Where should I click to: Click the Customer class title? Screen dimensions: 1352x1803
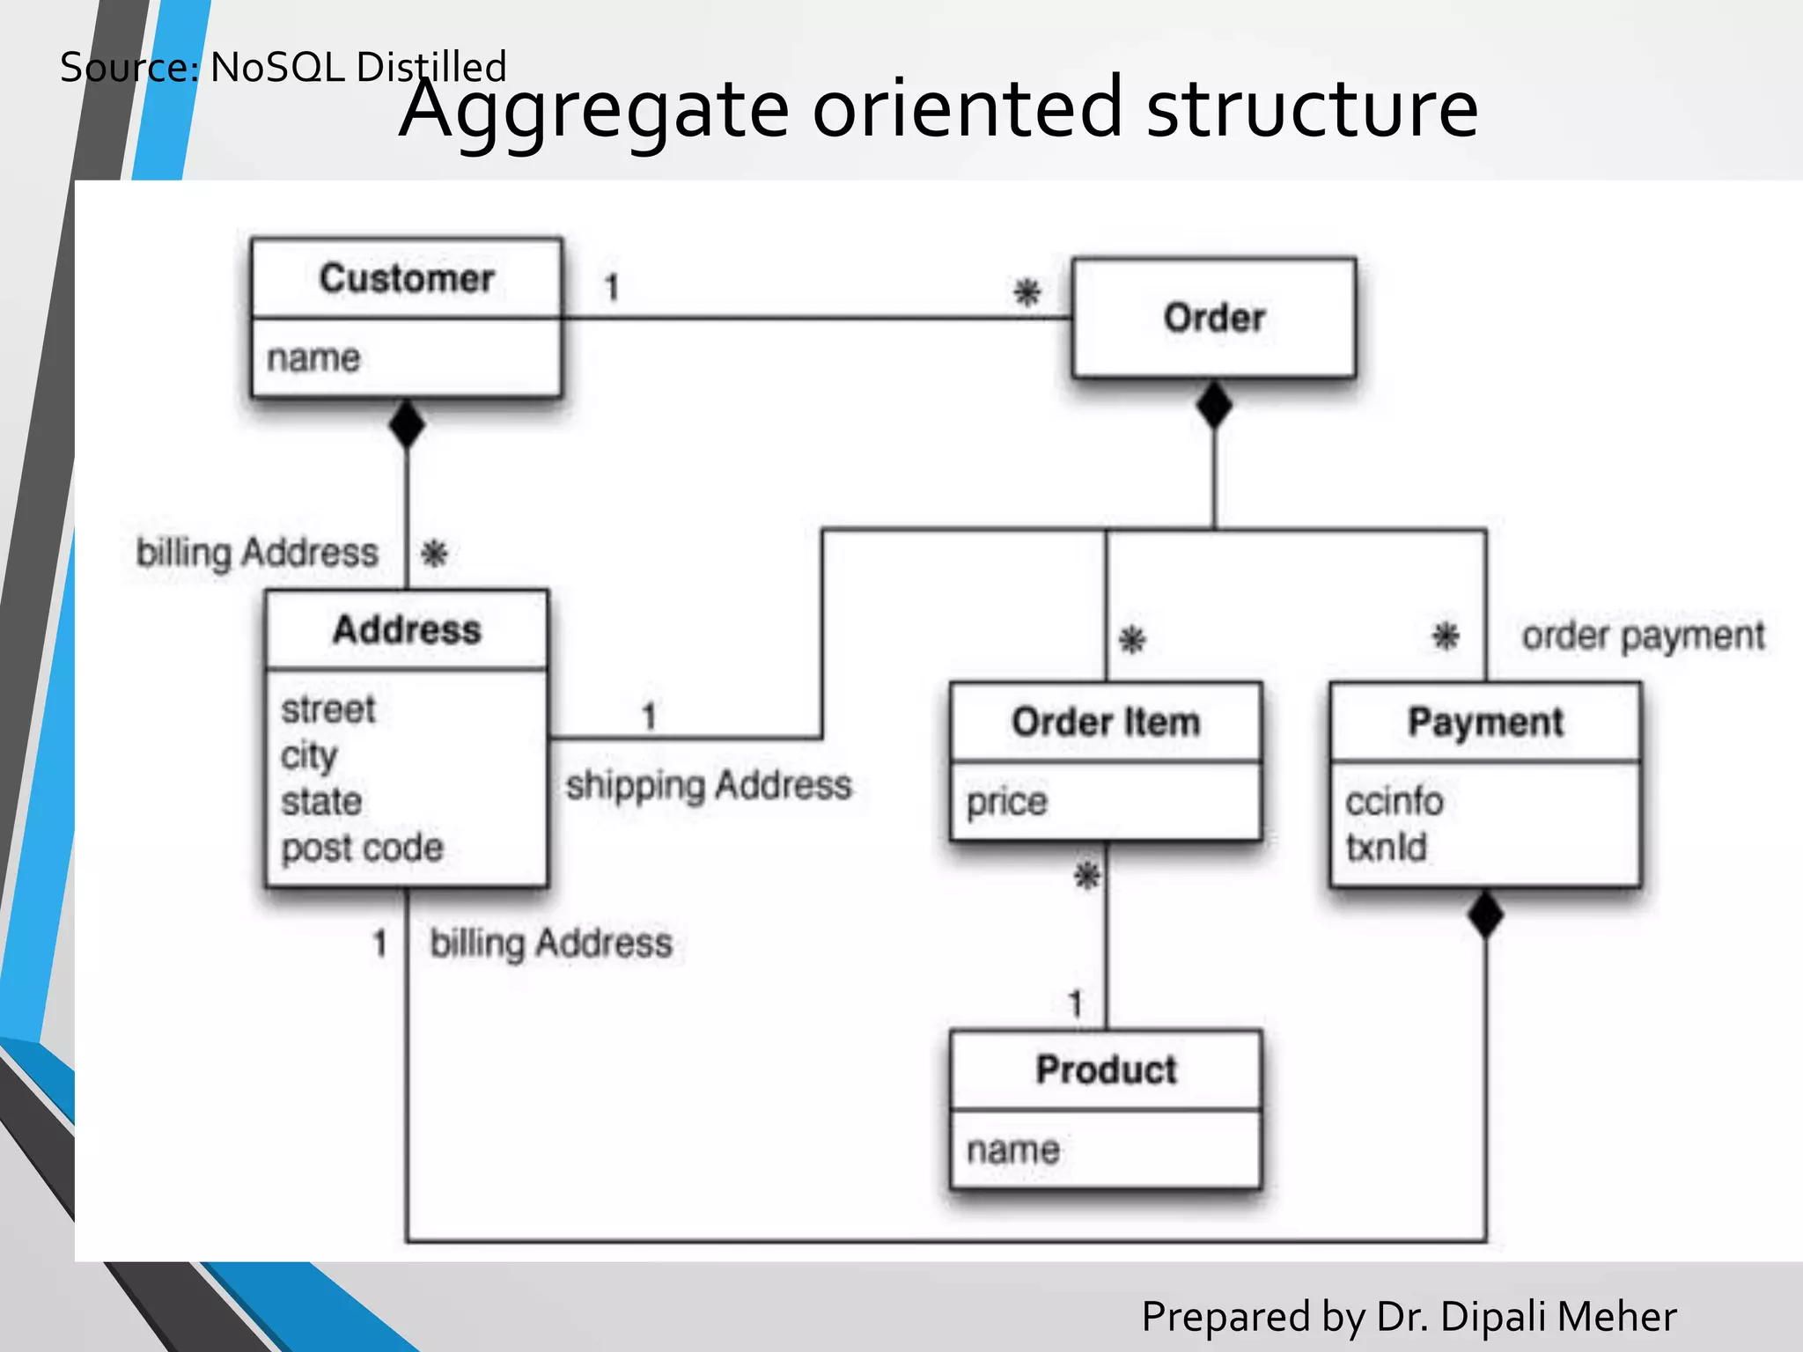click(406, 279)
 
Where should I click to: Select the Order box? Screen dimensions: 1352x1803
click(1213, 318)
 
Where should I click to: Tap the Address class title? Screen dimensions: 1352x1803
click(407, 630)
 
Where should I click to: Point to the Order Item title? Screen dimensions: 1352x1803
click(1106, 723)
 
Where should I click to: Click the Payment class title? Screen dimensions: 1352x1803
click(1485, 723)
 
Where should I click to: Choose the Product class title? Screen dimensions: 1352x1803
click(1106, 1070)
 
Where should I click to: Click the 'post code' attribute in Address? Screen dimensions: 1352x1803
click(362, 848)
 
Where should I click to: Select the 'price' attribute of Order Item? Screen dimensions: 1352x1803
click(1007, 802)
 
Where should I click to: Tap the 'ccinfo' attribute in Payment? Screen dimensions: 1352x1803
click(1395, 802)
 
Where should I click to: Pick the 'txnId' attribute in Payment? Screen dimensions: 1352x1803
click(1386, 847)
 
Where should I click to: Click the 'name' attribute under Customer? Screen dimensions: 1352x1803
click(313, 358)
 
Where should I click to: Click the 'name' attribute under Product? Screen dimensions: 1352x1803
click(1012, 1150)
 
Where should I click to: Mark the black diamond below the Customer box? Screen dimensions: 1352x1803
click(407, 424)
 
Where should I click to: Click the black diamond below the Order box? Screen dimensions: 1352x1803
click(1214, 405)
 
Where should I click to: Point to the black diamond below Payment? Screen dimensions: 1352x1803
click(1485, 915)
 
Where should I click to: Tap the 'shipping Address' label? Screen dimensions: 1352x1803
click(709, 785)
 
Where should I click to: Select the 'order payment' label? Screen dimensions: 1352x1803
click(1643, 636)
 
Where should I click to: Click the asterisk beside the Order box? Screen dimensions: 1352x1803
click(1027, 292)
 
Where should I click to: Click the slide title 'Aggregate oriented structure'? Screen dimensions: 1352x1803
click(938, 109)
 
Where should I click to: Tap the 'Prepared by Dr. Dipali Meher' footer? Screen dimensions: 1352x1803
click(1409, 1317)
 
